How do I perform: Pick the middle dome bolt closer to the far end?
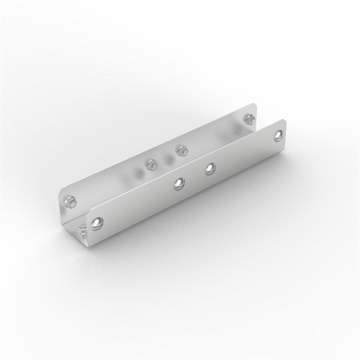coord(210,169)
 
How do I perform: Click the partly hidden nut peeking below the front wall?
coord(82,229)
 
